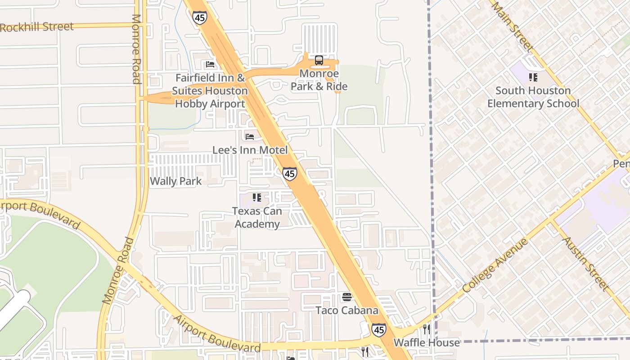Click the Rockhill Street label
(37, 27)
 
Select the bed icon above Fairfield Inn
(210, 64)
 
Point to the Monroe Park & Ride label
(319, 80)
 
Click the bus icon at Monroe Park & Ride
(319, 60)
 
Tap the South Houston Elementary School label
(533, 97)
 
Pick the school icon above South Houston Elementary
(533, 77)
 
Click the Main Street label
(512, 26)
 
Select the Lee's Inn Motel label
(250, 150)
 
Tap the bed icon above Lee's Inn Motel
(250, 136)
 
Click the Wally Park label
(175, 181)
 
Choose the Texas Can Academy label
(257, 217)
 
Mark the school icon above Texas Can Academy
(257, 197)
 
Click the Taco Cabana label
(347, 310)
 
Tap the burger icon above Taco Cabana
(347, 297)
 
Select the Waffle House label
(427, 343)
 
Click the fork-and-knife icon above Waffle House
(427, 329)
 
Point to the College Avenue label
(495, 265)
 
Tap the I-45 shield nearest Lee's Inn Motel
(290, 174)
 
